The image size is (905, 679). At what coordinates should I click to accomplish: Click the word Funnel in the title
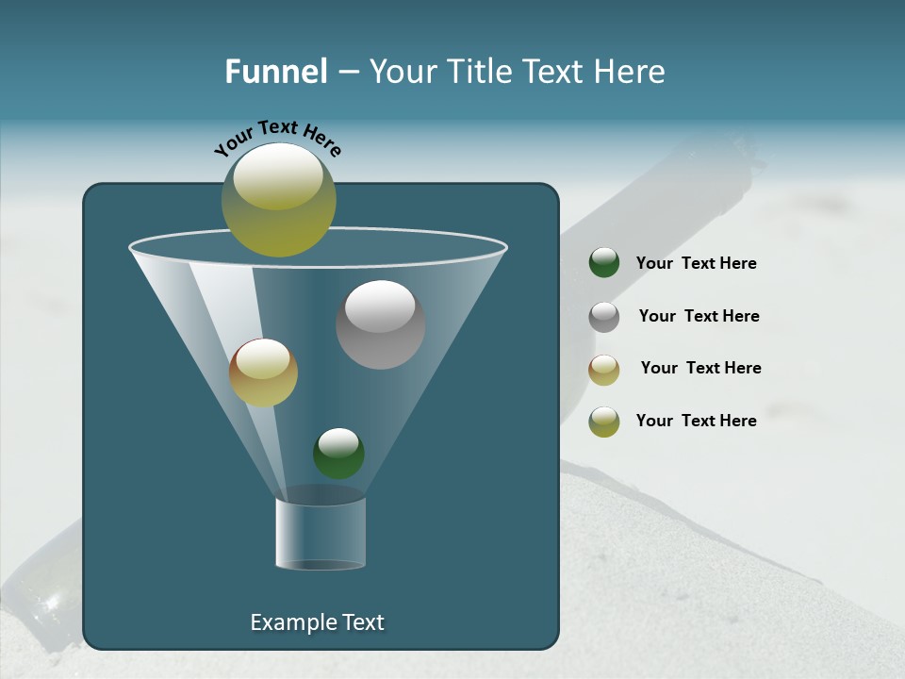[276, 72]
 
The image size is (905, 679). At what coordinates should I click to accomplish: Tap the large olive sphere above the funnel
[278, 199]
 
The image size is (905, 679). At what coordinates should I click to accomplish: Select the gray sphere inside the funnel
[380, 325]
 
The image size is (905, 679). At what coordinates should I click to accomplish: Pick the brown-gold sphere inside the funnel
[263, 373]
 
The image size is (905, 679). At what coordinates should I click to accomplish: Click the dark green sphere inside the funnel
[338, 454]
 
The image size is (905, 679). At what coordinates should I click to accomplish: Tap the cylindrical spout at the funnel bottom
[321, 534]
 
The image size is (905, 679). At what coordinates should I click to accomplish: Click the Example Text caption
[317, 622]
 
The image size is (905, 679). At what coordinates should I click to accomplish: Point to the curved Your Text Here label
[277, 138]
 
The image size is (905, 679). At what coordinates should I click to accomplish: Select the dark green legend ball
[604, 263]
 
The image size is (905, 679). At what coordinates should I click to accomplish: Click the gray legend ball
[604, 317]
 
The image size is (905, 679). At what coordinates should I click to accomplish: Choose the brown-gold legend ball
[604, 370]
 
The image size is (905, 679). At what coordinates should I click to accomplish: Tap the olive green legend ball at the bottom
[604, 422]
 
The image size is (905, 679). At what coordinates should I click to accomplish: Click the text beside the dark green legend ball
[696, 263]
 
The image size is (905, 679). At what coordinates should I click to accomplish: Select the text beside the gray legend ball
[699, 316]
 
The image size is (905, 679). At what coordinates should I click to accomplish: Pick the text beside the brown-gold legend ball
[700, 368]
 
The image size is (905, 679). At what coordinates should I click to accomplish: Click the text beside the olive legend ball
[696, 421]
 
